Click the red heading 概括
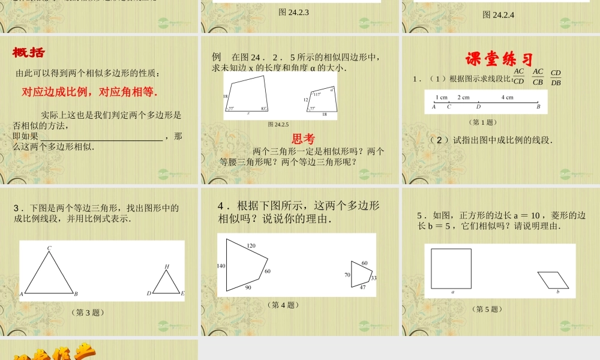29,52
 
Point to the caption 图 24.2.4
499,15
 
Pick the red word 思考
303,139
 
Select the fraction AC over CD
519,76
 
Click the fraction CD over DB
556,77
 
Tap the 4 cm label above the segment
507,97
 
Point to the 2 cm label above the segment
463,97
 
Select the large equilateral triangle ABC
49,275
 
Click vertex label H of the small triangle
167,266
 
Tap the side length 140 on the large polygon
221,266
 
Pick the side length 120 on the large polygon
251,246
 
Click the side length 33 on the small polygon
373,278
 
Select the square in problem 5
452,268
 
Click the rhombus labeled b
553,280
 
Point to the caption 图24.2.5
278,124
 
